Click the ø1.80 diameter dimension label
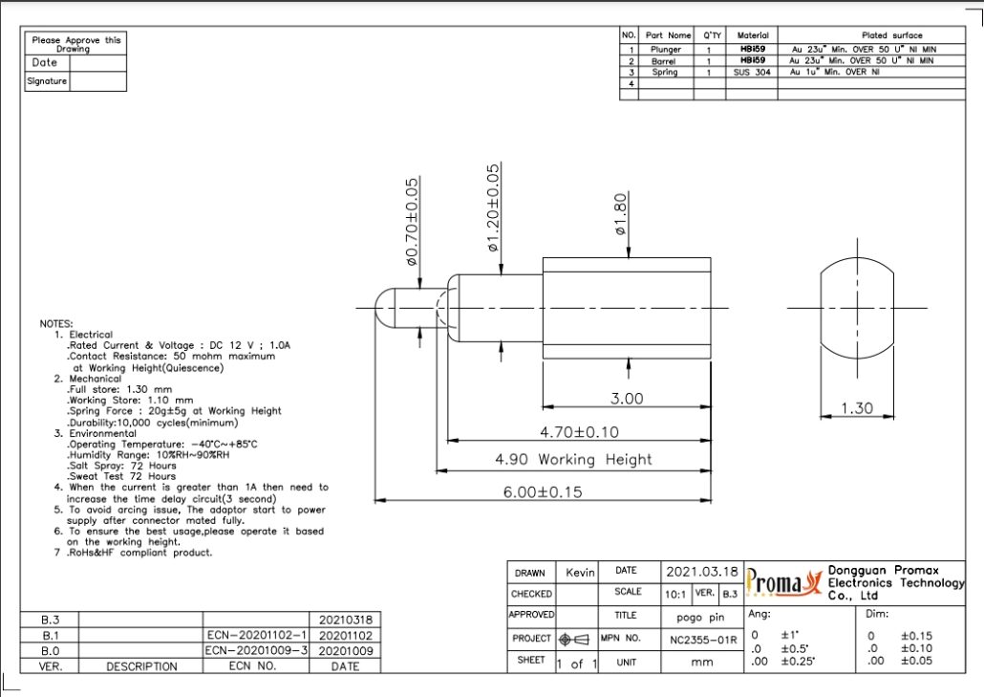point(619,215)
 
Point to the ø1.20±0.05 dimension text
point(494,207)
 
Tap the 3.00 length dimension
point(627,398)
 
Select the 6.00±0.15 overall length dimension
point(542,491)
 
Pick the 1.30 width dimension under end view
point(857,408)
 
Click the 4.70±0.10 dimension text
point(579,432)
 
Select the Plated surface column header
point(891,35)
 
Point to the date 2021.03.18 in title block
point(702,571)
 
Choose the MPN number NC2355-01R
point(702,639)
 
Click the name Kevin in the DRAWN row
point(579,572)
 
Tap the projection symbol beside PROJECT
point(576,639)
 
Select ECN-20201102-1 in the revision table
point(257,634)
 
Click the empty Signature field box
point(97,81)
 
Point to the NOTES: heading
point(55,324)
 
